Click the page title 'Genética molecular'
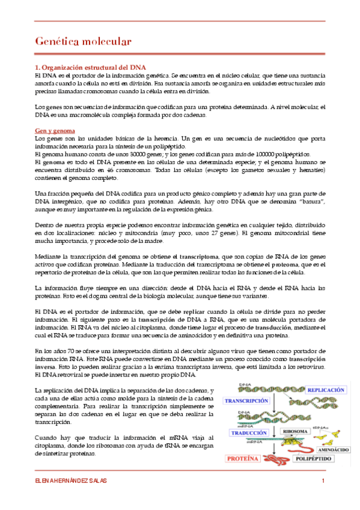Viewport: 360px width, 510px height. click(x=82, y=41)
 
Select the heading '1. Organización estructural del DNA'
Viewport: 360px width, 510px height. click(x=90, y=66)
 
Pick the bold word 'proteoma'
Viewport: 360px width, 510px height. click(x=289, y=263)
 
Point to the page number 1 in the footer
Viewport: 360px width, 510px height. click(x=323, y=481)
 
